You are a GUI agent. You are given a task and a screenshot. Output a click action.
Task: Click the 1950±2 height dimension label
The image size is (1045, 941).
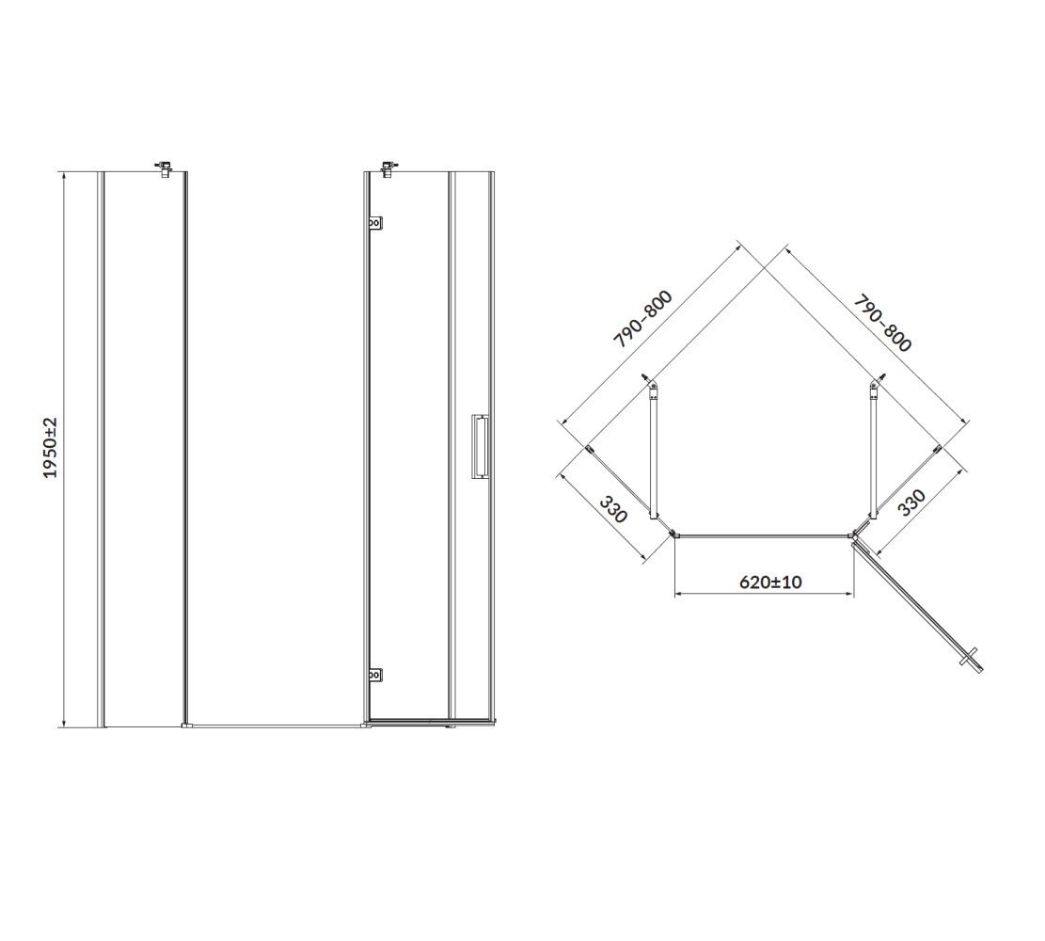pos(52,448)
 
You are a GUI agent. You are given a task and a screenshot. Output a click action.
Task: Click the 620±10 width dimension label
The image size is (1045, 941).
pos(770,582)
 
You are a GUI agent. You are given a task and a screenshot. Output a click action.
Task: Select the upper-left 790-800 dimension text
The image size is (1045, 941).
pos(642,319)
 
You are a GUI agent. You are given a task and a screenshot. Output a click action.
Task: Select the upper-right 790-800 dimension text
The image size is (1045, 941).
pos(882,323)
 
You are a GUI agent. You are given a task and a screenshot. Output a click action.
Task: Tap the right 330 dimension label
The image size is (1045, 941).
pos(911,502)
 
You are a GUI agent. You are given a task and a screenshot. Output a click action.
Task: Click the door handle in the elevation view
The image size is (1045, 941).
pos(480,446)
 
